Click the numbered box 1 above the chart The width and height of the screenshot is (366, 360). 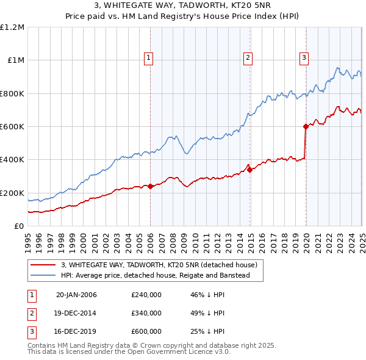point(148,58)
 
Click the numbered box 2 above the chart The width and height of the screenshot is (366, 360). point(248,58)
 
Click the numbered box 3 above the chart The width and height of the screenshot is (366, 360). point(304,58)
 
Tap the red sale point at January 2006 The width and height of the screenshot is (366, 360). point(150,186)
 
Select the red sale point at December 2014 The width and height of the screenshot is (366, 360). point(249,170)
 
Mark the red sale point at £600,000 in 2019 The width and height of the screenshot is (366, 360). point(306,127)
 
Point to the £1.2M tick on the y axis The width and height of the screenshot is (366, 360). point(12,27)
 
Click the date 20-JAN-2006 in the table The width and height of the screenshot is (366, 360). point(76,295)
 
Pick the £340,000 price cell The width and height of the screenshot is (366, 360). point(146,313)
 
